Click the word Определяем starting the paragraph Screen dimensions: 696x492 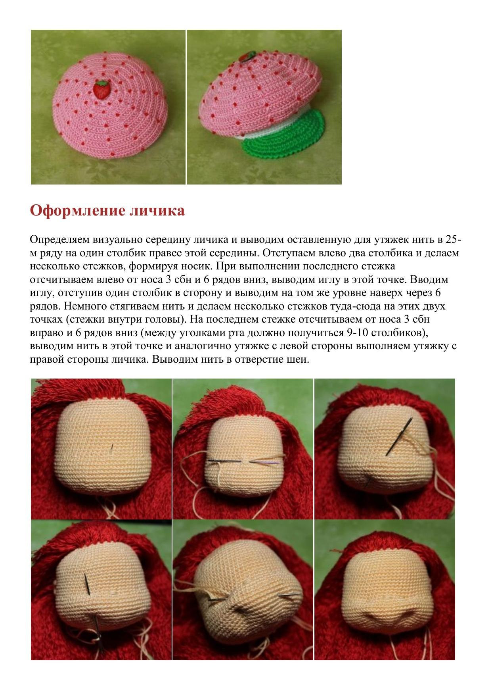pyautogui.click(x=59, y=240)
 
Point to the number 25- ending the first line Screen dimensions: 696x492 pyautogui.click(x=453, y=240)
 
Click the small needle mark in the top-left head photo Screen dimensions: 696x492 pyautogui.click(x=112, y=447)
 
